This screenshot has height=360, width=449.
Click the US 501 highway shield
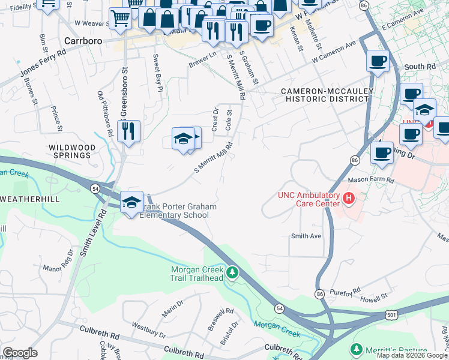(391, 314)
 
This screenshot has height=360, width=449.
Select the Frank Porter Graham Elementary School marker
(131, 202)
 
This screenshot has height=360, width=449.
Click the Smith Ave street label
(306, 236)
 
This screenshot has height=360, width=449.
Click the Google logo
(20, 353)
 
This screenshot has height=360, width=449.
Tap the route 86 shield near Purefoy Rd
(319, 294)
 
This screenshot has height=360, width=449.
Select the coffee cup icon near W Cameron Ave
(378, 61)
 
